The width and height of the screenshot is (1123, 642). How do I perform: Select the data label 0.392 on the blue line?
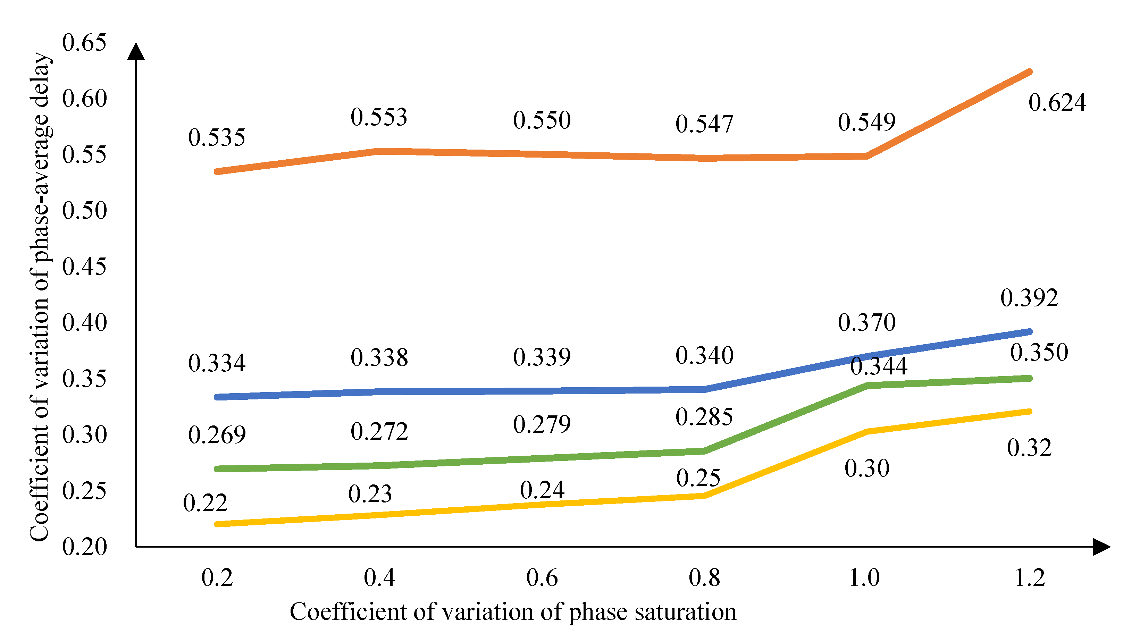coord(1029,298)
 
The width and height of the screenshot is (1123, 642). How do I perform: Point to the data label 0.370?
coord(867,323)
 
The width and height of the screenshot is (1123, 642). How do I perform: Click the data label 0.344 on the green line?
coord(879,366)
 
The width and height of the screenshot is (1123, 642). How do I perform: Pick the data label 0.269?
coord(217,435)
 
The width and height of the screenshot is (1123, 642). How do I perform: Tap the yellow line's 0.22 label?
coord(205,503)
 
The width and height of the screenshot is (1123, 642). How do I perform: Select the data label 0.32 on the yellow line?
coord(1029,448)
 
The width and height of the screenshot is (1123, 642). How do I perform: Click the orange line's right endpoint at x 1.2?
coord(1030,72)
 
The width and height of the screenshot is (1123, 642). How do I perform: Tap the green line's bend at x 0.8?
coord(704,451)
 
